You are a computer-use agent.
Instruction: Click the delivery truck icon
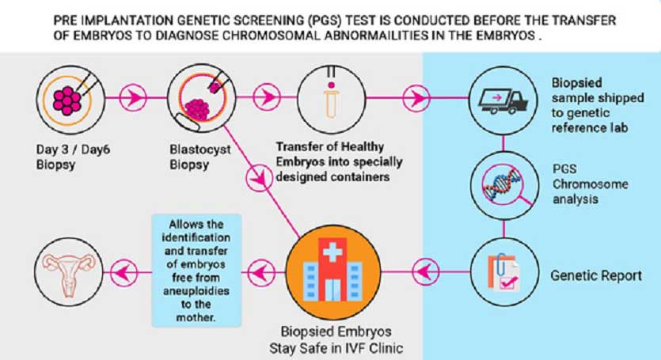point(503,100)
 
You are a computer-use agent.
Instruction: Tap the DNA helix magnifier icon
point(504,185)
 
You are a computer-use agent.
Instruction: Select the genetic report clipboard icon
point(504,272)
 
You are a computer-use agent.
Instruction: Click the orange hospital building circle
point(333,272)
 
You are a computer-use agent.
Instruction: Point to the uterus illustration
point(69,272)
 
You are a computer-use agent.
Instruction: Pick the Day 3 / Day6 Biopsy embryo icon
point(70,100)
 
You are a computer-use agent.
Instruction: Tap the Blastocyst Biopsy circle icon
point(202,99)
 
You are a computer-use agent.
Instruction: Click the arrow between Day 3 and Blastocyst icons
point(133,98)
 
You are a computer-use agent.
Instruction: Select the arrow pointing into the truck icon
point(416,98)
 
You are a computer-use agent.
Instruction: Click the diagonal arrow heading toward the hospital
point(260,177)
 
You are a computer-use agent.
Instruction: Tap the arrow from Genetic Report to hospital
point(425,272)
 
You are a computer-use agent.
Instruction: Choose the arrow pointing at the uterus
point(124,272)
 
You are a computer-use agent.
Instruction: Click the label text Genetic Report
point(596,275)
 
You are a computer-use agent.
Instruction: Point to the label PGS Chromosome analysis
point(591,184)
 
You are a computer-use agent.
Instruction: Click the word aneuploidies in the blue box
point(196,291)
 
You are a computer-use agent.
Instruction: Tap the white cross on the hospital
point(332,253)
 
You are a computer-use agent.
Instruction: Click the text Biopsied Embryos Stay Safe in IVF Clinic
point(336,340)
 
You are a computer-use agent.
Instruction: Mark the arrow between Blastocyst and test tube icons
point(267,97)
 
